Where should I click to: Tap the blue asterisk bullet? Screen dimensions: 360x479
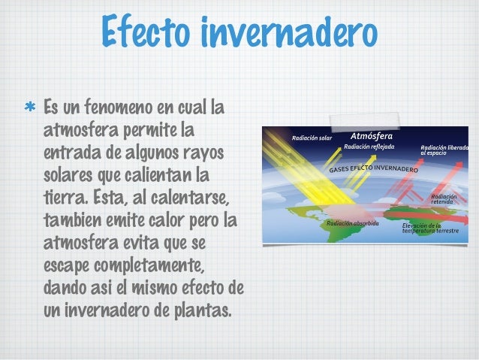[x=32, y=106]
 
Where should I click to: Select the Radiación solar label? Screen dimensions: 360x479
[x=312, y=138]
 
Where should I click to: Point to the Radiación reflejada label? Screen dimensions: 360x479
[x=369, y=147]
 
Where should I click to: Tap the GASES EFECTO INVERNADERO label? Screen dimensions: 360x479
[x=373, y=168]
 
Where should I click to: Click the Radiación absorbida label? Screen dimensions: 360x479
[x=353, y=223]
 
